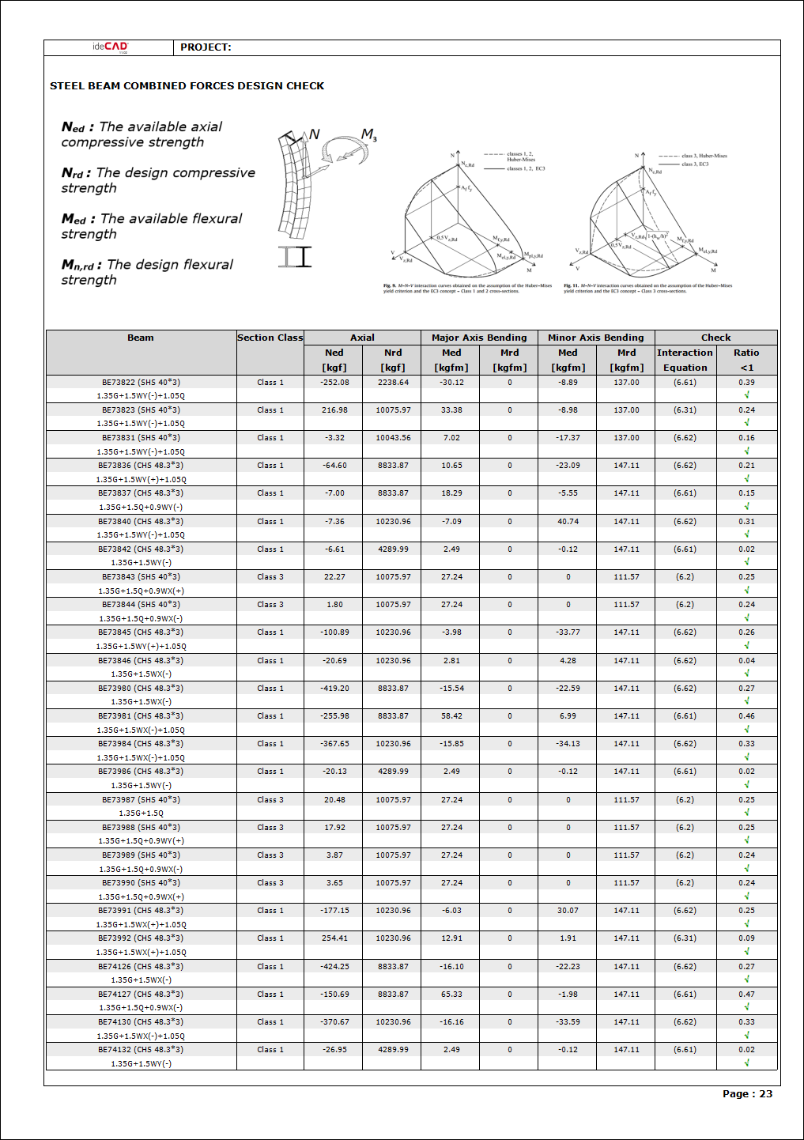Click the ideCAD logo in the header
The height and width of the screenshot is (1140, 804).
tap(109, 47)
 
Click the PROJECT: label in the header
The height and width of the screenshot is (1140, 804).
tap(206, 47)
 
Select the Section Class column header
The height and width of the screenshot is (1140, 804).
tap(270, 338)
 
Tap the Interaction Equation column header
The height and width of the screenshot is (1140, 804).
tap(685, 360)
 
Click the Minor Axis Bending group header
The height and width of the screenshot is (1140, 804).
tap(596, 338)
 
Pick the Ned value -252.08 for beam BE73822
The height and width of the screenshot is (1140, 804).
tap(334, 383)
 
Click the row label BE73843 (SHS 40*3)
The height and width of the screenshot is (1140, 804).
tap(141, 577)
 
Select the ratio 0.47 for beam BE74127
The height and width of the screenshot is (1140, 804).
tap(746, 995)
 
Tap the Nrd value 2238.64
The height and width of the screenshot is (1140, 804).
tap(393, 383)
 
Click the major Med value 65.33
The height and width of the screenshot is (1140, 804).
tap(451, 995)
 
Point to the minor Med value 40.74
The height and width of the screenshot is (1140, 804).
tap(568, 522)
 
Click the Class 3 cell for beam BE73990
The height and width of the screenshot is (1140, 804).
tap(270, 883)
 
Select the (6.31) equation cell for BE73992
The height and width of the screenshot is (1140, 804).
tap(685, 938)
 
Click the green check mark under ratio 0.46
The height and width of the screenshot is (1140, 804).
tap(747, 729)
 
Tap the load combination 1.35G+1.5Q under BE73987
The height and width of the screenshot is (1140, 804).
tap(141, 813)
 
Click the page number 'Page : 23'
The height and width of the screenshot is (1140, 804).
tap(747, 1094)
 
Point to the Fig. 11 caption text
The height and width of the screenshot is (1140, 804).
tap(647, 289)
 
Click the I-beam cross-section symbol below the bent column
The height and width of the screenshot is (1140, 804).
tap(295, 257)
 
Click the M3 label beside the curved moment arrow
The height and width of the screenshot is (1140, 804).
tap(369, 136)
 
